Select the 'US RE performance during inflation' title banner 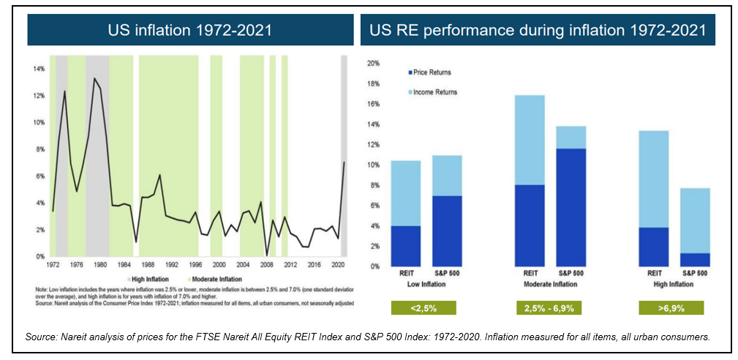click(538, 30)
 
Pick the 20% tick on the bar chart click(373, 64)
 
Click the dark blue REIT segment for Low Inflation click(405, 246)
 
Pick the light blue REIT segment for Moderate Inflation click(530, 140)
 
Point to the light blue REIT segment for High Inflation click(653, 179)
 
